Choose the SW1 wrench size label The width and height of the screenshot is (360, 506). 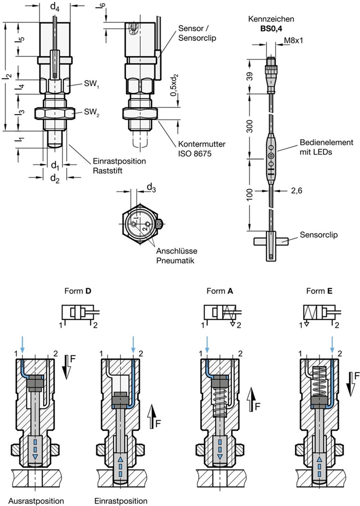pos(79,85)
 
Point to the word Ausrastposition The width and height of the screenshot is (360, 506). pos(32,500)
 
